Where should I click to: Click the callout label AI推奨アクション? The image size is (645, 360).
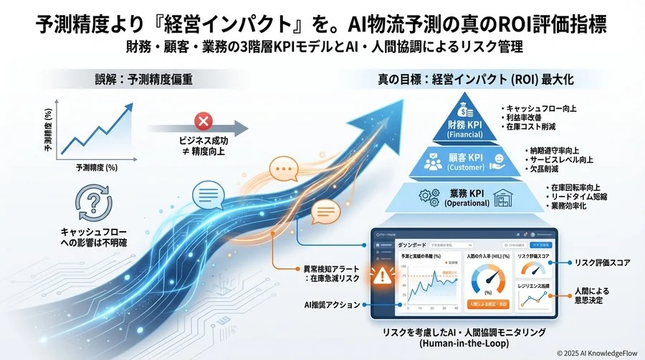click(x=331, y=305)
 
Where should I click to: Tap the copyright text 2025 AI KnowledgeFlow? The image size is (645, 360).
click(x=597, y=351)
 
